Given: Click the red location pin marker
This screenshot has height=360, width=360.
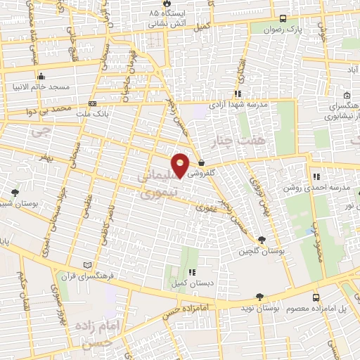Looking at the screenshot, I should (x=181, y=165).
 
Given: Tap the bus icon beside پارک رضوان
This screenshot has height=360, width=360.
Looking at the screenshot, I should (x=282, y=19).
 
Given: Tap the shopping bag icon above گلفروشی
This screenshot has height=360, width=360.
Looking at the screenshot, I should (x=202, y=162).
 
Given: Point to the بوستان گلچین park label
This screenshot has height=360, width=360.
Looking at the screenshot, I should (x=261, y=250).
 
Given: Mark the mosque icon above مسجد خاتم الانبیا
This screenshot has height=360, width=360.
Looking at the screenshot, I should (x=41, y=77).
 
